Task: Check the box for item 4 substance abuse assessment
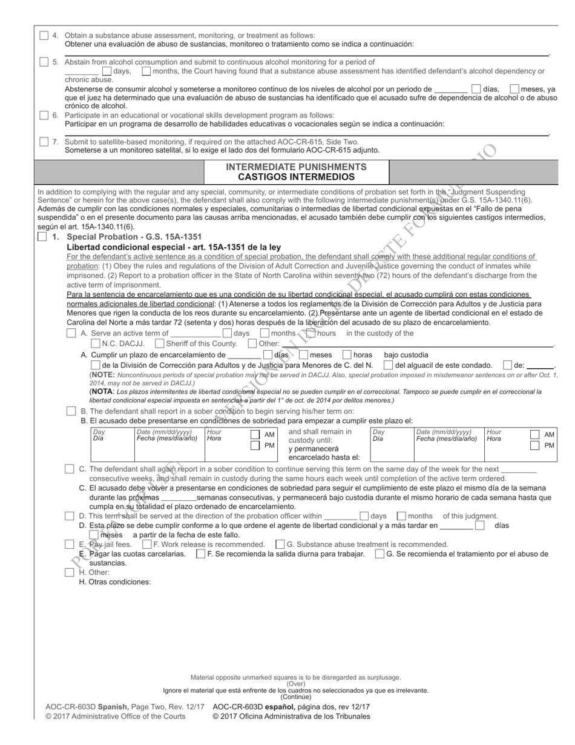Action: (x=44, y=35)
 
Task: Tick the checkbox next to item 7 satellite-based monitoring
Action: (x=44, y=142)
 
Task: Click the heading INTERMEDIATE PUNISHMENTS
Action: (x=296, y=167)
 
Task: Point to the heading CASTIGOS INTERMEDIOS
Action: (x=296, y=177)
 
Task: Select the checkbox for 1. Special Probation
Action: (x=42, y=237)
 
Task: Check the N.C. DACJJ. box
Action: (x=96, y=343)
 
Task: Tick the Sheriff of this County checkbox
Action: (x=160, y=343)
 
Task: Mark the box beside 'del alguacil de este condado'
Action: (x=388, y=365)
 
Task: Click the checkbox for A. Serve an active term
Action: (x=71, y=333)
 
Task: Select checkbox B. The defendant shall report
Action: (x=71, y=411)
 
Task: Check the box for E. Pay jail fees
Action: (x=70, y=544)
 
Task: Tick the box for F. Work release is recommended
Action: (x=147, y=544)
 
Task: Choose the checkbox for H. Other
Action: (x=70, y=572)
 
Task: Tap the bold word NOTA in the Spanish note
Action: (x=103, y=392)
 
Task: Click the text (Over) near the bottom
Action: (x=295, y=683)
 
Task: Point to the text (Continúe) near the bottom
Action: (x=295, y=697)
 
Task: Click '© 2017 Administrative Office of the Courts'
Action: (x=116, y=717)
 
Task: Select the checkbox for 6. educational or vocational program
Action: (x=44, y=115)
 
